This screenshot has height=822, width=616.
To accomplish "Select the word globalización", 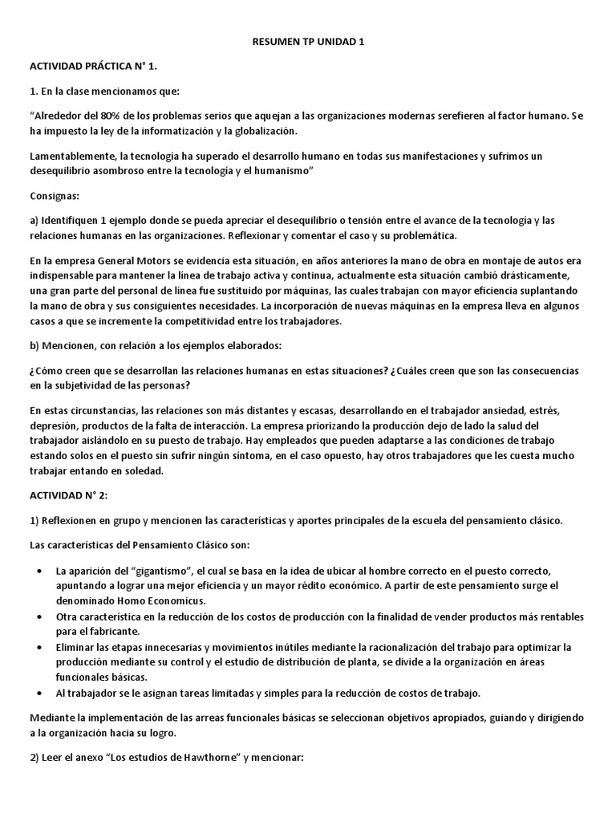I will coord(263,131).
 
